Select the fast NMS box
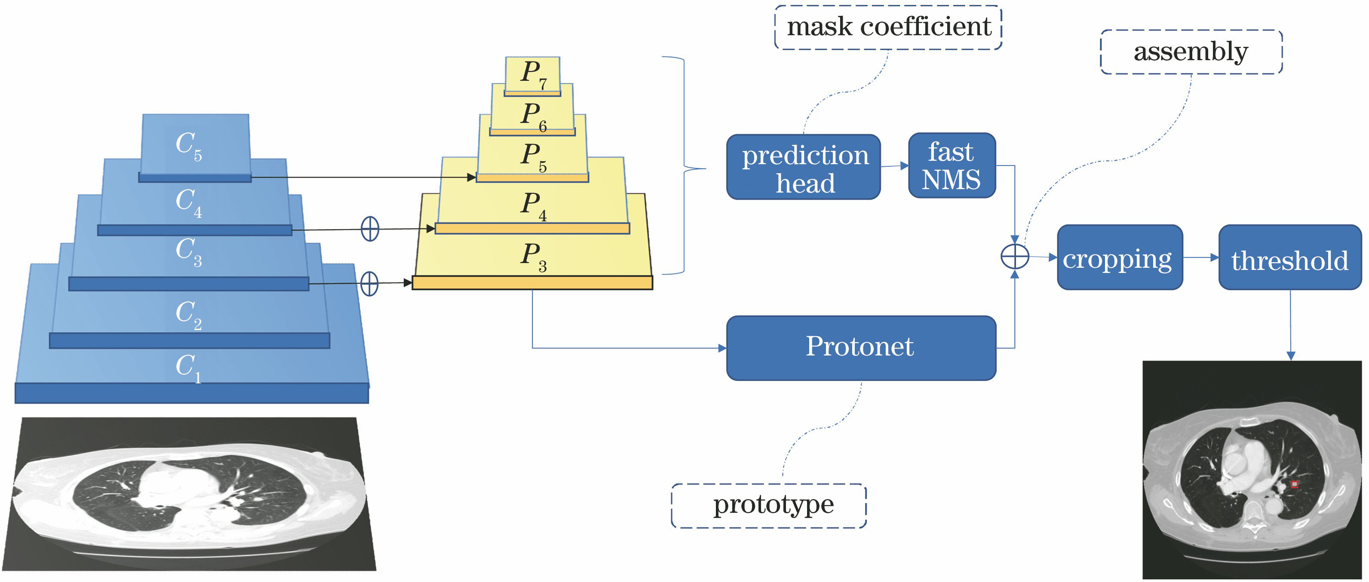point(951,165)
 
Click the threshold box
point(1289,258)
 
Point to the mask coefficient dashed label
point(888,27)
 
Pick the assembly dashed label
point(1191,52)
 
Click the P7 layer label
point(533,74)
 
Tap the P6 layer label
point(533,116)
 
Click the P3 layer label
point(533,256)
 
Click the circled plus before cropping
point(1015,257)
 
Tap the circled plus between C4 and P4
point(370,229)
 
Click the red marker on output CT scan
point(1294,484)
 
